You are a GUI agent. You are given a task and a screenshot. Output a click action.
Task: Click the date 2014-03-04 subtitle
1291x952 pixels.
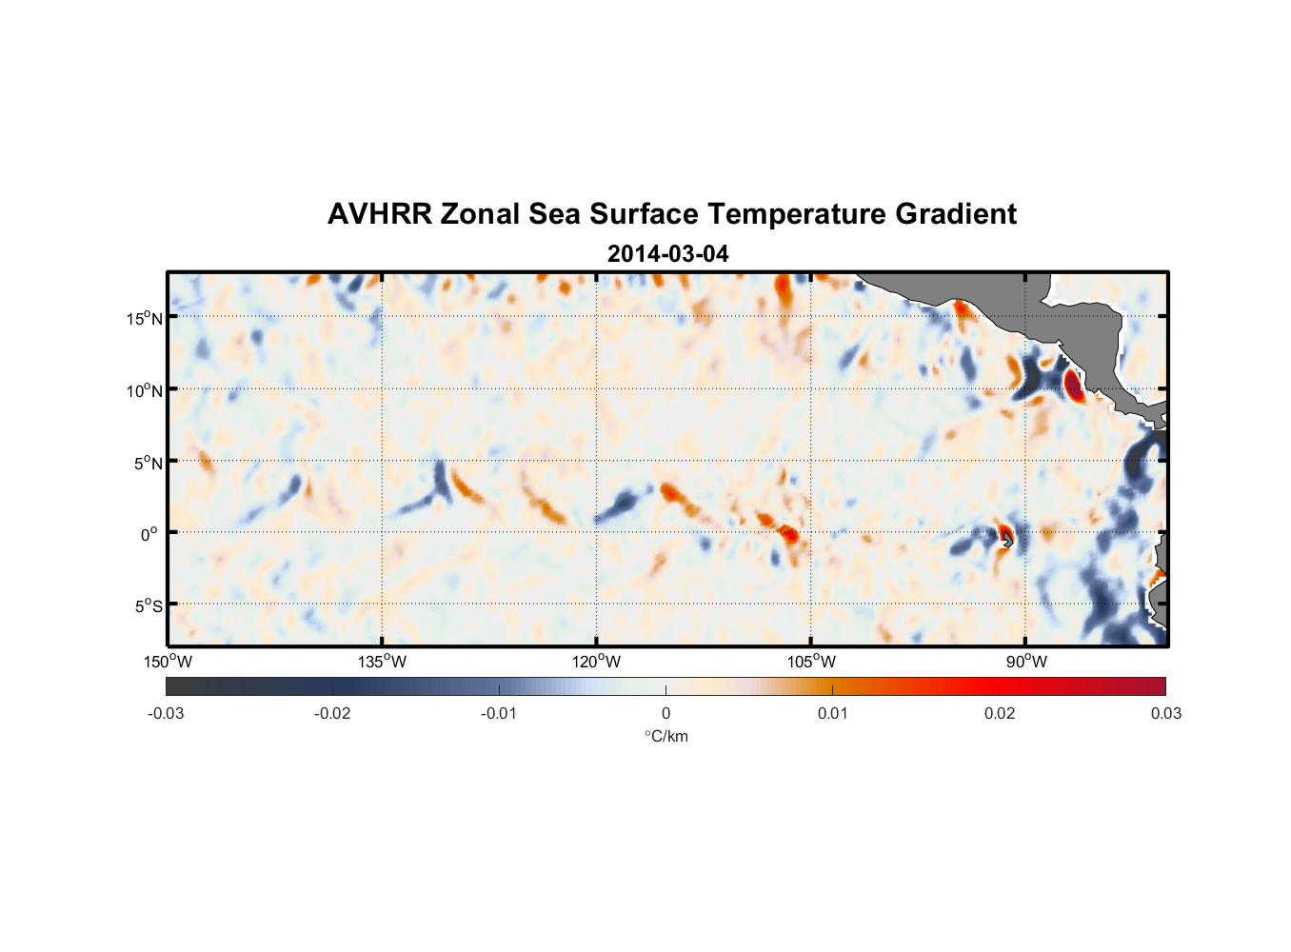(667, 254)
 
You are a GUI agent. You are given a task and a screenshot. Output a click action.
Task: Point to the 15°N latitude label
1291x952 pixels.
(145, 318)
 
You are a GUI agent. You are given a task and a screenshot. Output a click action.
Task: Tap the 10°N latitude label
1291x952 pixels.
(145, 390)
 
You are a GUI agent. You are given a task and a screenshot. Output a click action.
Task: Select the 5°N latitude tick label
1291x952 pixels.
(148, 463)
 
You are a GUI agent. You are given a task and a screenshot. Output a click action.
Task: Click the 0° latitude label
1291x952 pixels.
(149, 534)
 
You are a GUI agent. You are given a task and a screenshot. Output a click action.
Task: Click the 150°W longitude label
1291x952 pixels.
(168, 662)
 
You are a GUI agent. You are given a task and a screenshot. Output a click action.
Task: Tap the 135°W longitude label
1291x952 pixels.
(382, 662)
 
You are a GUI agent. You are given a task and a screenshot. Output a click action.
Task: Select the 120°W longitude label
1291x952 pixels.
(596, 662)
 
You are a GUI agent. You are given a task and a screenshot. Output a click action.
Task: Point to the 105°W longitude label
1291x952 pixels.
(811, 662)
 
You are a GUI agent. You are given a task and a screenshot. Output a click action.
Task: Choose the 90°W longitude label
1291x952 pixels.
(1026, 662)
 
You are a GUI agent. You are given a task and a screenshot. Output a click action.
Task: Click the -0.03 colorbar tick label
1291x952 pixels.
(166, 713)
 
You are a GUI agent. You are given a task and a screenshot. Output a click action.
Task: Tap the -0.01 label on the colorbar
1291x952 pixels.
(499, 713)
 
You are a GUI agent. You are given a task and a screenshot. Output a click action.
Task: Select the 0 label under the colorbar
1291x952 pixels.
(665, 713)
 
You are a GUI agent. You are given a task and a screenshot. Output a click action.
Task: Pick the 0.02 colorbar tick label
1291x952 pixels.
(1000, 713)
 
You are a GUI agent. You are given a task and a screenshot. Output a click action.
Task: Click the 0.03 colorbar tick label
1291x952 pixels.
(1165, 713)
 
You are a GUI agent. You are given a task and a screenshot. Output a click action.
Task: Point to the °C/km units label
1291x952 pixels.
(665, 736)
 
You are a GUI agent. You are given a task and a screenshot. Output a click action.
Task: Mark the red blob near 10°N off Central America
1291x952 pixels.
(1073, 387)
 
